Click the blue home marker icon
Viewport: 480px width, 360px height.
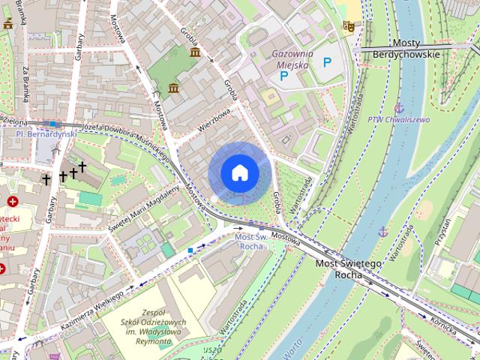(x=240, y=173)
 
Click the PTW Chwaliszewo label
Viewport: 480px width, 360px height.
(x=399, y=119)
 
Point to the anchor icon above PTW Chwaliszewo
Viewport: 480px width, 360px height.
(x=399, y=108)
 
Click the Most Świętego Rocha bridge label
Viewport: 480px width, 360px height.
(x=348, y=269)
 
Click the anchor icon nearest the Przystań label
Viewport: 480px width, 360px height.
(x=382, y=230)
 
